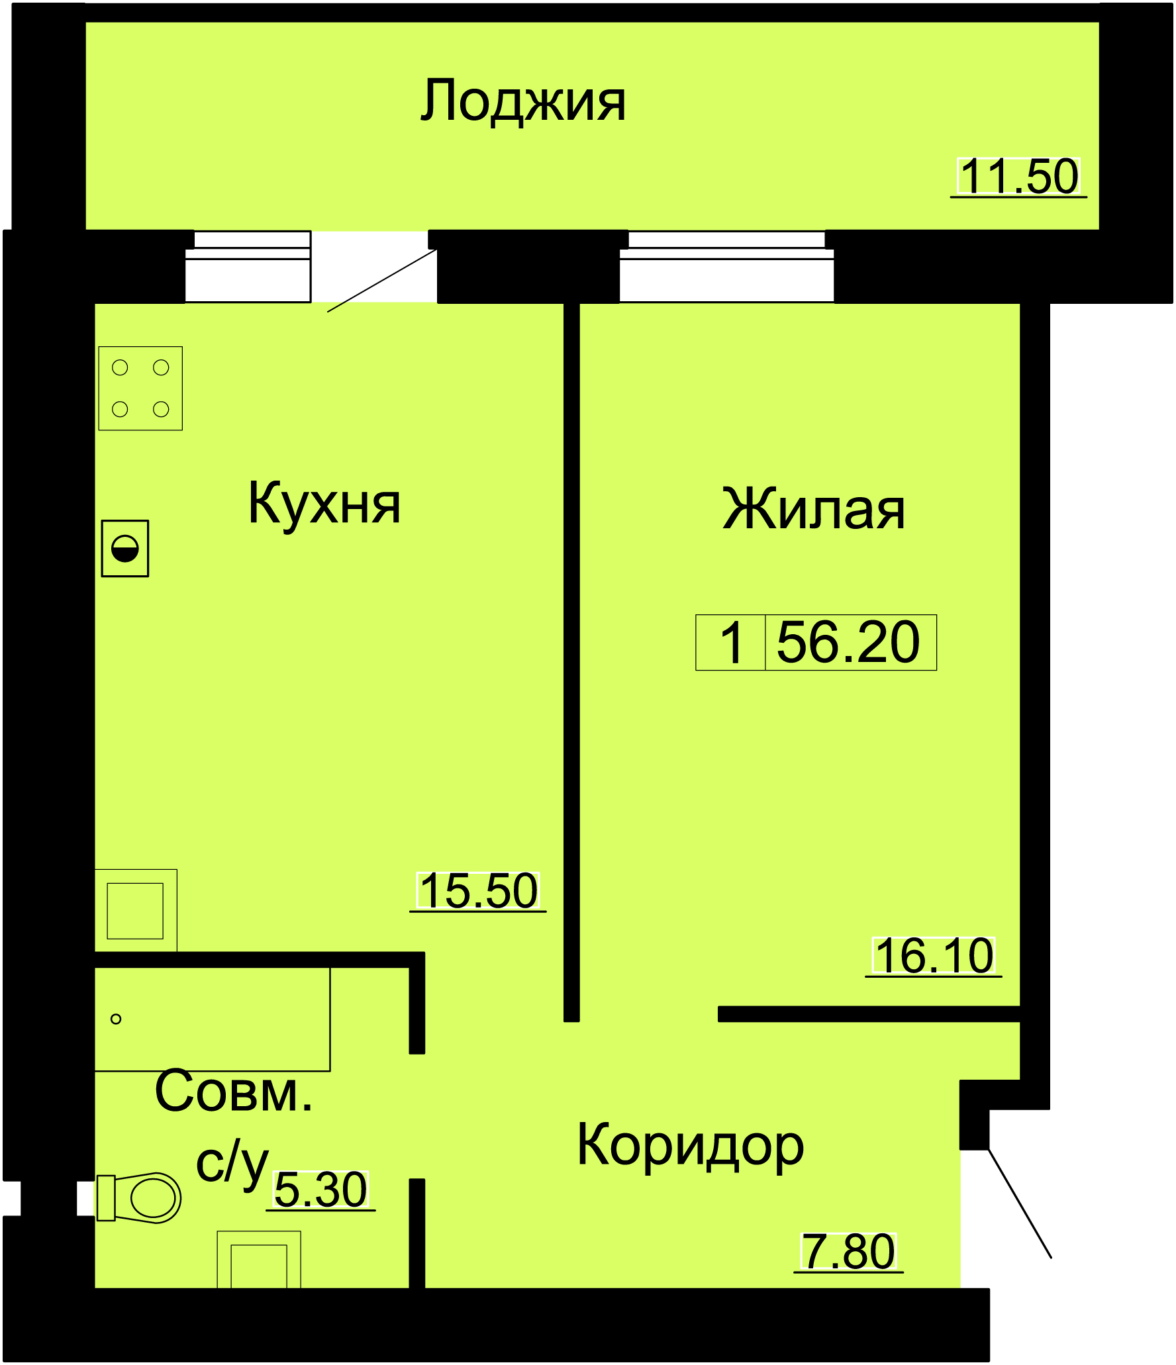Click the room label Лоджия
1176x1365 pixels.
(x=523, y=101)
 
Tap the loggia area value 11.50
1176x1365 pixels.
(x=1019, y=176)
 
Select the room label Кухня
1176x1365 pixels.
(x=324, y=504)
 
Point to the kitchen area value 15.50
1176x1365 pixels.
(x=478, y=890)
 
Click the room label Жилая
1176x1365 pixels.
(x=814, y=509)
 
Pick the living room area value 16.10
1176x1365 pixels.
(x=934, y=955)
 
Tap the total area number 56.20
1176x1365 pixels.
(x=848, y=641)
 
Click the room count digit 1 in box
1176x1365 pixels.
(x=732, y=642)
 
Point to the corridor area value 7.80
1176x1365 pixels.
(x=848, y=1251)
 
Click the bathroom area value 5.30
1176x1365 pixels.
(x=320, y=1190)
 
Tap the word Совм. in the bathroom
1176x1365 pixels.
(x=234, y=1091)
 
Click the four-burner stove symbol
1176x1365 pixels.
(x=140, y=389)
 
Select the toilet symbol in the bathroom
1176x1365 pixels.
(x=139, y=1198)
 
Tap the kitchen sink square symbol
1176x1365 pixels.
(x=136, y=910)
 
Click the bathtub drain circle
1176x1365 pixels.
(x=116, y=1019)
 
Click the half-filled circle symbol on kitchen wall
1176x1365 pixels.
(x=125, y=548)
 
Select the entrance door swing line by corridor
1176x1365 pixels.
(x=1020, y=1203)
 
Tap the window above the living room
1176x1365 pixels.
(x=726, y=266)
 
